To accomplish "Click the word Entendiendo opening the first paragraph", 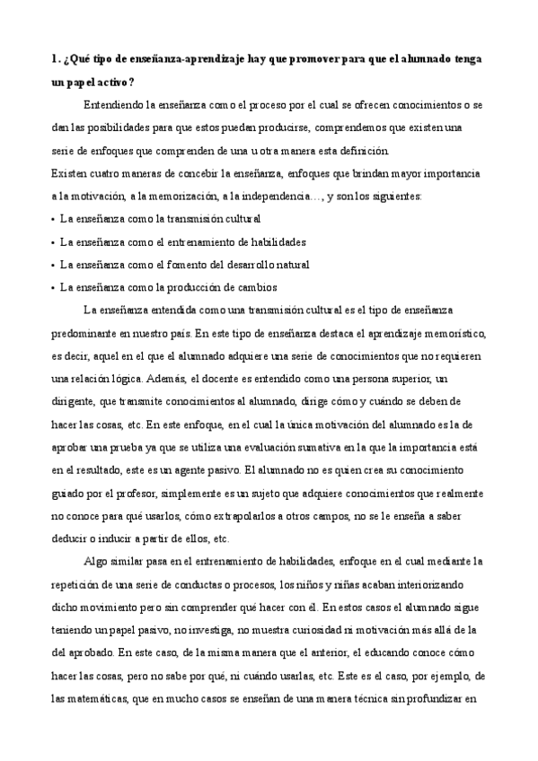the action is click(114, 104).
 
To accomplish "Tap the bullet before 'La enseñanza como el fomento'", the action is click(54, 265).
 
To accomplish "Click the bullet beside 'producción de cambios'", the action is click(54, 288).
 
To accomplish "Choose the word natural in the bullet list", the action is click(291, 265).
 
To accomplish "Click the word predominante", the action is click(88, 334).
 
